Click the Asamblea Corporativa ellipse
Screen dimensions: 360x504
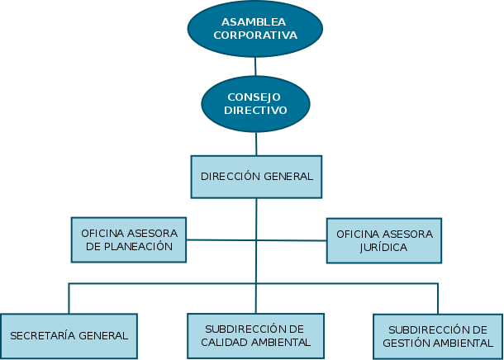click(255, 28)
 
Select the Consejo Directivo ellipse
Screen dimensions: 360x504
click(256, 104)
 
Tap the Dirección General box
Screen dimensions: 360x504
click(257, 177)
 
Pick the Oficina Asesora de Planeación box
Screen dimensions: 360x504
click(128, 239)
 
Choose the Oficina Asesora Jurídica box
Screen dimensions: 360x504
click(384, 240)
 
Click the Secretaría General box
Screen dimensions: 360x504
click(69, 336)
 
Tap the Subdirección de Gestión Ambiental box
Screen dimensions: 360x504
click(439, 336)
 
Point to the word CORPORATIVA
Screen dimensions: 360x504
click(255, 36)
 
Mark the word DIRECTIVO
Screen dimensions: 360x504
click(256, 110)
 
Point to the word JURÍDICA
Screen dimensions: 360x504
click(384, 247)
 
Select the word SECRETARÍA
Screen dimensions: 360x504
click(45, 336)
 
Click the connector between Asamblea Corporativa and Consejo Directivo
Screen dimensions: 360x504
click(255, 66)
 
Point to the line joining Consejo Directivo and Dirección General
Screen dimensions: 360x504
click(256, 144)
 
